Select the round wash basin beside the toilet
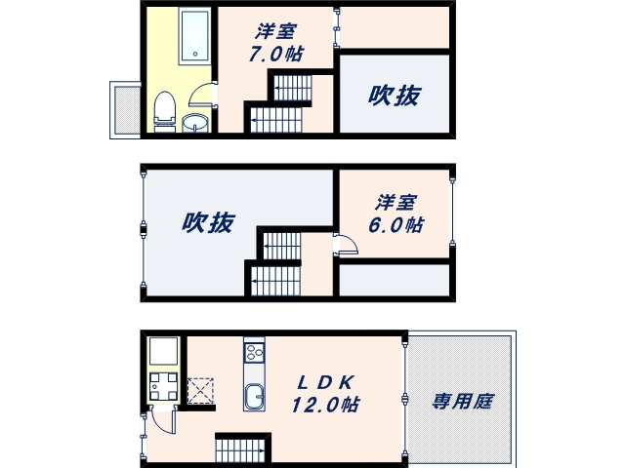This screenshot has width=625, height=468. point(195,123)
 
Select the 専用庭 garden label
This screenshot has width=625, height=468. point(458,400)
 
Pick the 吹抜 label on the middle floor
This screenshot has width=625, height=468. point(208,223)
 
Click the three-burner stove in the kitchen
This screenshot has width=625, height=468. point(253,352)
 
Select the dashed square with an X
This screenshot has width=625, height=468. point(201,391)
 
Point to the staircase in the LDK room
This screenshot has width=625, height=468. point(239,449)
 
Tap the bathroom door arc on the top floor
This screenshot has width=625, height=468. point(203,94)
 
